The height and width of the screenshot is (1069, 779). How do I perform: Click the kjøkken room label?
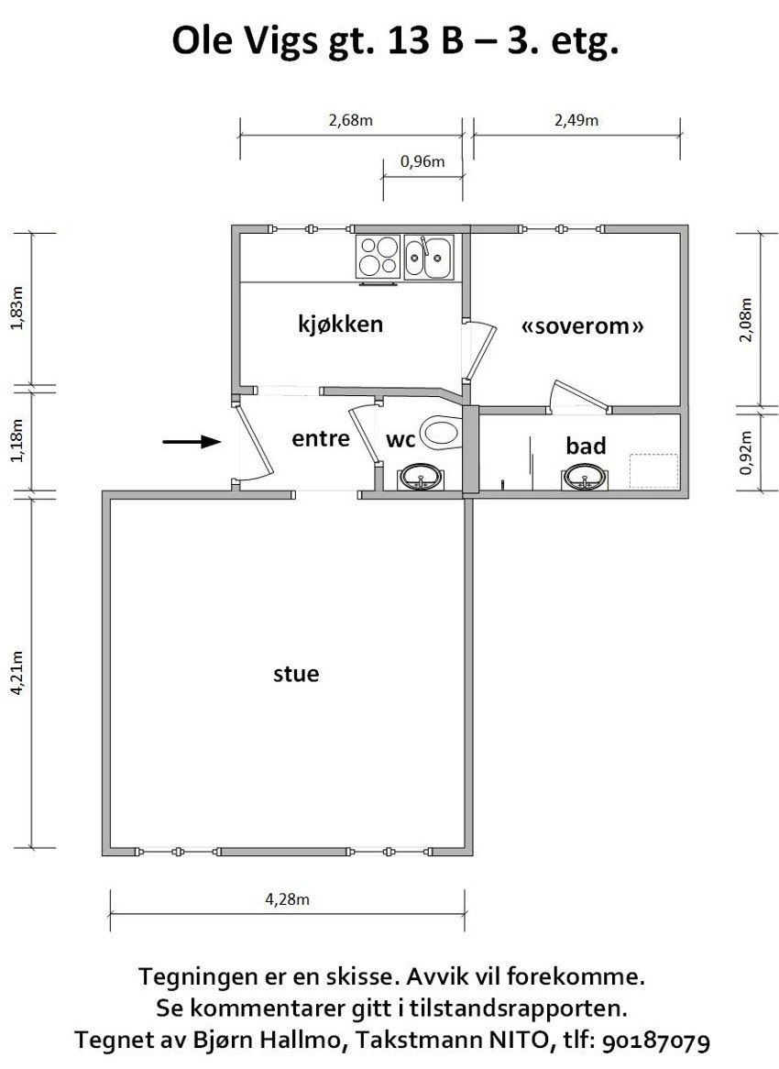click(341, 324)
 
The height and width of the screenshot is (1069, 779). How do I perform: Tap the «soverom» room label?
click(582, 325)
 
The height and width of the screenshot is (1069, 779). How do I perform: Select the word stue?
click(296, 674)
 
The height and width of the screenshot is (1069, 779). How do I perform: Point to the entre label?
click(321, 438)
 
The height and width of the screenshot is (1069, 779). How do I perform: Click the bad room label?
click(586, 446)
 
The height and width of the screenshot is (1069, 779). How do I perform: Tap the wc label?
click(400, 440)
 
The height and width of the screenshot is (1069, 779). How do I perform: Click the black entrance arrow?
click(192, 442)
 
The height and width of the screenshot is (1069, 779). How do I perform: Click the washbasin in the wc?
click(420, 478)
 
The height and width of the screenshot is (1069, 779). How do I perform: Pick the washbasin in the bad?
click(584, 478)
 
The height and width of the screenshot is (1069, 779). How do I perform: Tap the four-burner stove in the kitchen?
click(379, 257)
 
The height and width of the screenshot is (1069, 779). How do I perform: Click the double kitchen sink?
click(428, 257)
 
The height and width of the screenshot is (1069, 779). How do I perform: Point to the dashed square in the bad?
click(653, 471)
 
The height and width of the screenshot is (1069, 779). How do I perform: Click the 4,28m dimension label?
click(287, 899)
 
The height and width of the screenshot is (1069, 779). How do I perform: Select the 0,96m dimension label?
click(422, 161)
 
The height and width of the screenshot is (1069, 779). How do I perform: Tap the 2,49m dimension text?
click(576, 121)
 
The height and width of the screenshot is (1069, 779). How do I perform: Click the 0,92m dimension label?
click(747, 452)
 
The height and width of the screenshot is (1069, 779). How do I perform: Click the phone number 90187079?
click(655, 1041)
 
